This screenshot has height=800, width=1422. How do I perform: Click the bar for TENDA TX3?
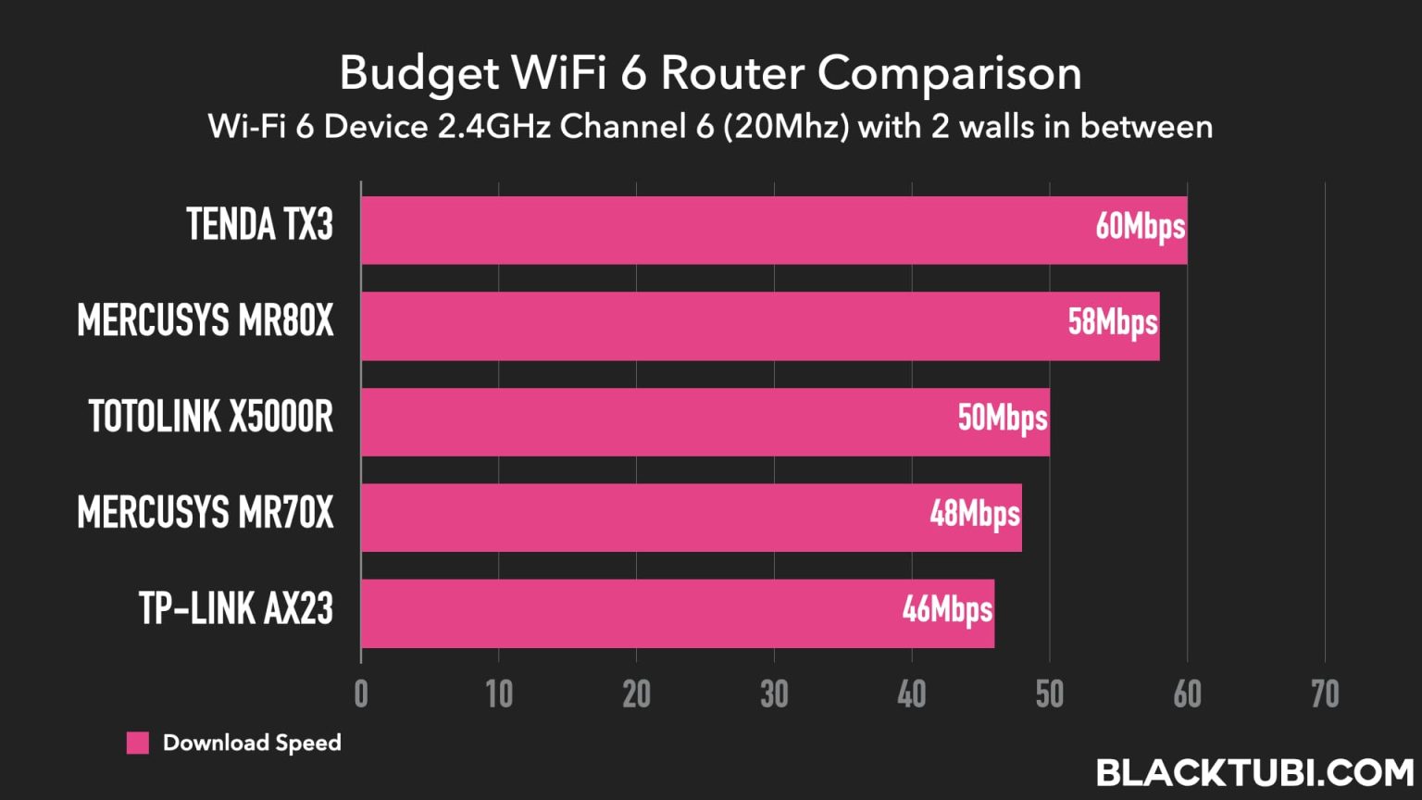(722, 230)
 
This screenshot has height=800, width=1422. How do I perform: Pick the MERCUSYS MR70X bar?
(639, 517)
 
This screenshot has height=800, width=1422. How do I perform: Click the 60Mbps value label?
(1140, 227)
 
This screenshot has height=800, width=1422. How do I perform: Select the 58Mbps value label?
(1112, 323)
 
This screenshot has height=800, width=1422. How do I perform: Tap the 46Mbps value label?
(947, 610)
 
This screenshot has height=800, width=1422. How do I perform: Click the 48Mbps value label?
(975, 514)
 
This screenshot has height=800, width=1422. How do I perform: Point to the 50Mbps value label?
(1003, 419)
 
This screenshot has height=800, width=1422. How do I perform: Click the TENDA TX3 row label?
(259, 225)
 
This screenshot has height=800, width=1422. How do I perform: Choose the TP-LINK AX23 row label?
(236, 609)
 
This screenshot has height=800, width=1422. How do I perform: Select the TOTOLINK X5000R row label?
(211, 417)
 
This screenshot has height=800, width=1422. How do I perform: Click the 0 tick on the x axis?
(361, 694)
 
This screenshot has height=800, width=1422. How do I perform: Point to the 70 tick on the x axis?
(1325, 694)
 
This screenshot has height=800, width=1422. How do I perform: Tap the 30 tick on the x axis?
(774, 694)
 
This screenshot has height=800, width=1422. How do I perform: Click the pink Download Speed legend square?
(138, 743)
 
